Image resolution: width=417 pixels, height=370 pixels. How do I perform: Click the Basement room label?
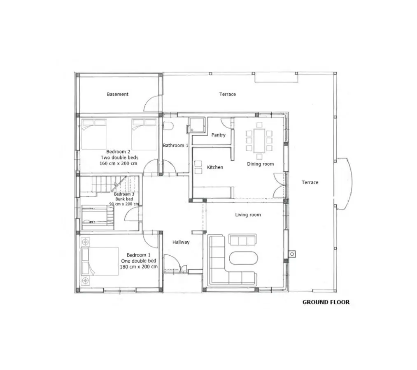[x=118, y=94]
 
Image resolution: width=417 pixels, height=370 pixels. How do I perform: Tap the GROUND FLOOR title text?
[x=326, y=302]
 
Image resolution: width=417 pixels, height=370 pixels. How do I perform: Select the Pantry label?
[x=218, y=135]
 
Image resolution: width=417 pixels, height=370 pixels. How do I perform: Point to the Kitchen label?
[x=215, y=167]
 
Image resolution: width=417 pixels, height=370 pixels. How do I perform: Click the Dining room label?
[x=260, y=164]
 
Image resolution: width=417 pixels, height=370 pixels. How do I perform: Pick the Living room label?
[x=248, y=215]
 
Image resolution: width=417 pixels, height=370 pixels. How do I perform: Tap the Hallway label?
[x=181, y=242]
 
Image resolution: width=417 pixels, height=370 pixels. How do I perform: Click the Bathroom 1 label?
[x=175, y=145]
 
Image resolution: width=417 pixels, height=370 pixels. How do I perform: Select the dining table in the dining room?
[x=259, y=140]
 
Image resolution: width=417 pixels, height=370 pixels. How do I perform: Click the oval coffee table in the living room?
[x=243, y=258]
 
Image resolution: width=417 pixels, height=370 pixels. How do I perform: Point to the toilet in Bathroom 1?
[x=168, y=126]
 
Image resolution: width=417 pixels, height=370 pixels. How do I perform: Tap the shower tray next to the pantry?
[x=196, y=125]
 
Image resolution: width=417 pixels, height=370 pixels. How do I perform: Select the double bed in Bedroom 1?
[x=100, y=261]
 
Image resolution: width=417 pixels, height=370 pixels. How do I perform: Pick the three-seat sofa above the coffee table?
[x=242, y=240]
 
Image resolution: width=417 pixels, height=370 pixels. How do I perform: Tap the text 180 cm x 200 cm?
[x=139, y=267]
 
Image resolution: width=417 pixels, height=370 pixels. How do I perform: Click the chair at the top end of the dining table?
[x=259, y=125]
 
